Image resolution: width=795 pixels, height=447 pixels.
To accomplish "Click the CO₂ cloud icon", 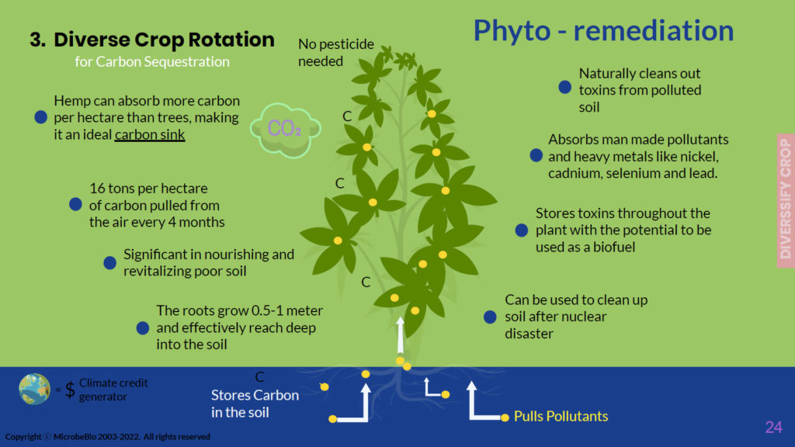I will (285, 128).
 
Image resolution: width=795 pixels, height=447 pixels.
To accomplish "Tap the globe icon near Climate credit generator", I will (35, 389).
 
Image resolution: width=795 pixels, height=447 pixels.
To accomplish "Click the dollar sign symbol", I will (70, 390).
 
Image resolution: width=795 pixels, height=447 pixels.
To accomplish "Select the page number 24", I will (773, 427).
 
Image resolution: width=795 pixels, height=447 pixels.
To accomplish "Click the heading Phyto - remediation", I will (603, 31).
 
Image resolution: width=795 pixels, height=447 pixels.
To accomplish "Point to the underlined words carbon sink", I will (151, 135).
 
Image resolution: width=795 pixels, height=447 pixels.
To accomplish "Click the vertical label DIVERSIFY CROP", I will (785, 199).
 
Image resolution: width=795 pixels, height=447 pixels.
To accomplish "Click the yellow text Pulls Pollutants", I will (561, 417).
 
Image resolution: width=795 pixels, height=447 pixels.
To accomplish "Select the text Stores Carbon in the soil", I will (255, 404).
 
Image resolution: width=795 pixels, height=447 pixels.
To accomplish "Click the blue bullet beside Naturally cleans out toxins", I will (565, 88).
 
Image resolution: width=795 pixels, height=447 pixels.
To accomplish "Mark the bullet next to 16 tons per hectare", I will (75, 205).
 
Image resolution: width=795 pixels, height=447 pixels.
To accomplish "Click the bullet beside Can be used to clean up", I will (490, 317).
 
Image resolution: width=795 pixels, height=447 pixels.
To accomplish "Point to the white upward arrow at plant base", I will (401, 334).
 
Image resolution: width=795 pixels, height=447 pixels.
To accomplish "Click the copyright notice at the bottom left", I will (107, 437).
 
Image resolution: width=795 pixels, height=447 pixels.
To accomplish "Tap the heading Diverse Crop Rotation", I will (164, 40).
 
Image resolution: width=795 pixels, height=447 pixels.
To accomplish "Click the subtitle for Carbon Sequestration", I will (152, 61).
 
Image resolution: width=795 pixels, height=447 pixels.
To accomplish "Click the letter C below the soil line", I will (260, 377).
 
